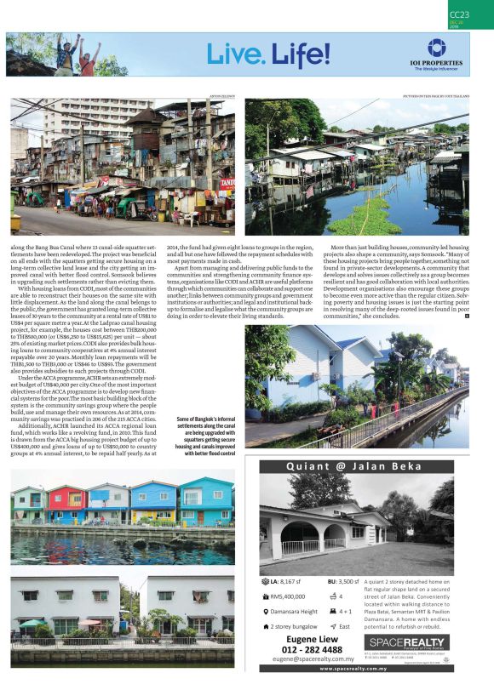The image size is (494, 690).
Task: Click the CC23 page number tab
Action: pyautogui.click(x=462, y=14)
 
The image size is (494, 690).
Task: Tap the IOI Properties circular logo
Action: pyautogui.click(x=436, y=47)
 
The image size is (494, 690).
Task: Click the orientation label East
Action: pyautogui.click(x=345, y=625)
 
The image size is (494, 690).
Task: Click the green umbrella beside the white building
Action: pyautogui.click(x=28, y=624)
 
